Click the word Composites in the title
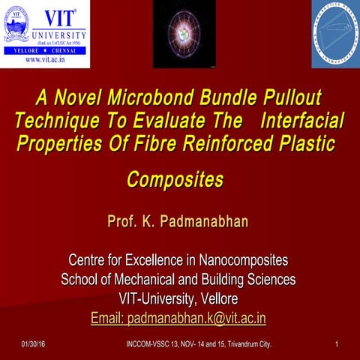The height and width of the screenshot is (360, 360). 175,181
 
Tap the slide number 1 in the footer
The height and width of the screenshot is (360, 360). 338,343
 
